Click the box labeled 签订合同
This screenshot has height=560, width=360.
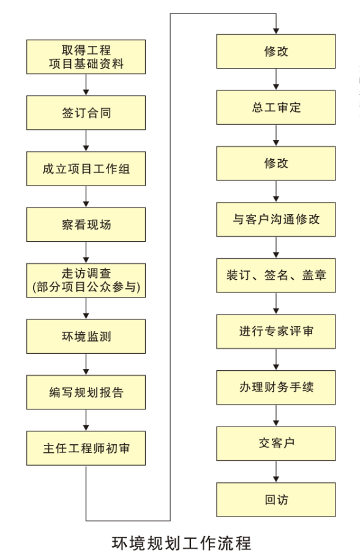86,113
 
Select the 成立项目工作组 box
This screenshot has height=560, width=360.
86,168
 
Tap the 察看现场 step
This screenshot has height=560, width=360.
86,225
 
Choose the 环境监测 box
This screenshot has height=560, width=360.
86,337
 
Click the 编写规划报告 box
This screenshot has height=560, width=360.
86,392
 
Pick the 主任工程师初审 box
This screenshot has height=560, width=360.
86,448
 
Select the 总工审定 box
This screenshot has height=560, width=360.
276,107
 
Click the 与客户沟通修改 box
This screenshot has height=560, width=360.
276,219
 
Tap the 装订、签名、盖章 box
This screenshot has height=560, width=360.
276,275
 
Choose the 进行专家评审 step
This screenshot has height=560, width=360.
276,332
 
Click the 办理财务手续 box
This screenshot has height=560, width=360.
276,387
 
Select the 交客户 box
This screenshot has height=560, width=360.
276,443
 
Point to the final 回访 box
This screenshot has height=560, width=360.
276,499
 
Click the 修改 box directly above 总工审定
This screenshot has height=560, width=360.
276,51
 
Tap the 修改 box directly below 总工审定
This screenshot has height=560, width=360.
276,163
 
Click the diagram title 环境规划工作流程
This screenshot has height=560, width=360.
181,543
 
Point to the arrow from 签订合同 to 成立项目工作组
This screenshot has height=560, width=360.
86,140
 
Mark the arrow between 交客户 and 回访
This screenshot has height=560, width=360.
276,471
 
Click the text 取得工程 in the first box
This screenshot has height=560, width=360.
86,50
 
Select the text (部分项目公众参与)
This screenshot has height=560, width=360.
86,287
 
